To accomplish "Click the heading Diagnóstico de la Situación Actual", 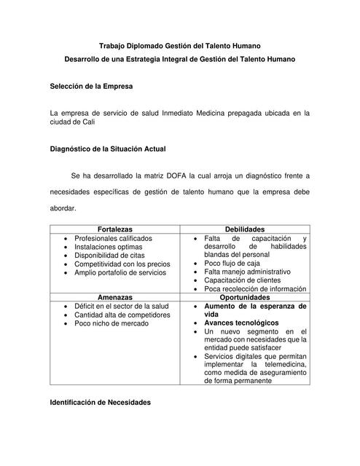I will pos(107,149).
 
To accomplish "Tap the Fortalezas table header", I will pos(115,229).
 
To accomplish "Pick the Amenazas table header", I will pos(115,297).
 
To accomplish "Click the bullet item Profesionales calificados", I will pos(113,238).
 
